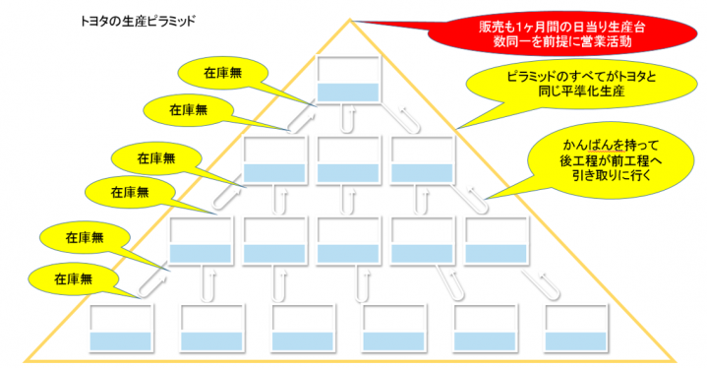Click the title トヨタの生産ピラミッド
pos(138,22)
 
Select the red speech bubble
pos(561,33)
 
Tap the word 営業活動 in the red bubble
pos(606,41)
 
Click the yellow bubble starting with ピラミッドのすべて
pos(581,85)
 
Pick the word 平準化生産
pos(594,92)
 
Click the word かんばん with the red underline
pos(587,146)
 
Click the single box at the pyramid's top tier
pos(348,79)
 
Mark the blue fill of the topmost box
pos(348,92)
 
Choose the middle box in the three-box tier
pos(348,159)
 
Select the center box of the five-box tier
pos(348,240)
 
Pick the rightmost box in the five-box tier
pos(496,240)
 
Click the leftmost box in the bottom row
pos(120,328)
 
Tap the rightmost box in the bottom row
pos(576,328)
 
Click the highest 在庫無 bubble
pos(223,73)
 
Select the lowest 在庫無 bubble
pos(73,279)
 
